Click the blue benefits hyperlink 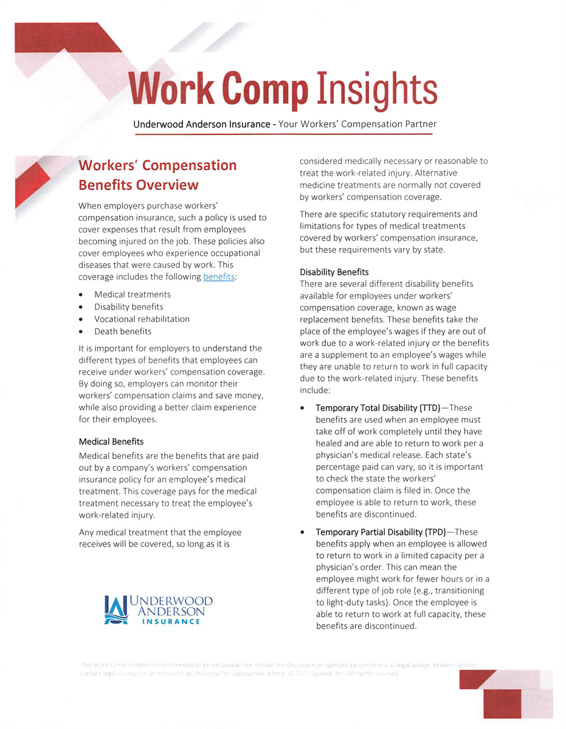click(x=219, y=277)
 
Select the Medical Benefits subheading click(x=111, y=441)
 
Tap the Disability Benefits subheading click(x=334, y=272)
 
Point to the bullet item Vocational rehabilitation click(x=142, y=319)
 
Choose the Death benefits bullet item click(x=123, y=331)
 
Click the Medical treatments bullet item click(x=133, y=295)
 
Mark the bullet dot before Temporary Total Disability click(x=303, y=408)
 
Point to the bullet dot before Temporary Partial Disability click(x=303, y=532)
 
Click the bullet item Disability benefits click(x=128, y=307)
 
